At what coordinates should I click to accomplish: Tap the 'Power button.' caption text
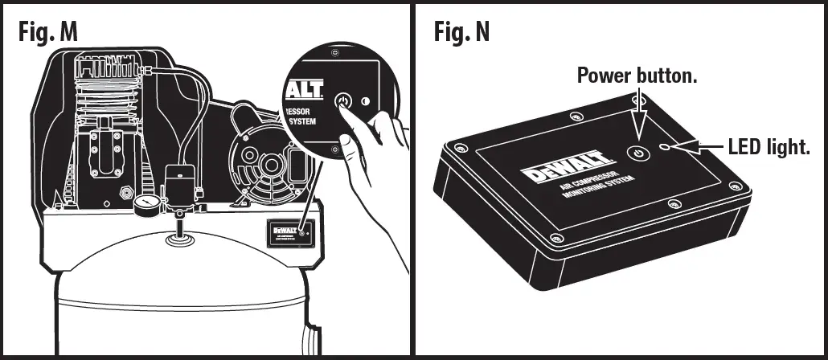pos(637,76)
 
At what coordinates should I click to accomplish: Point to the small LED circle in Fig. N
pos(665,147)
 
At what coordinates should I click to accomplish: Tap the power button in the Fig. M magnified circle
pos(343,102)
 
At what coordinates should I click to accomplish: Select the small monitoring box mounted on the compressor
pos(285,233)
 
